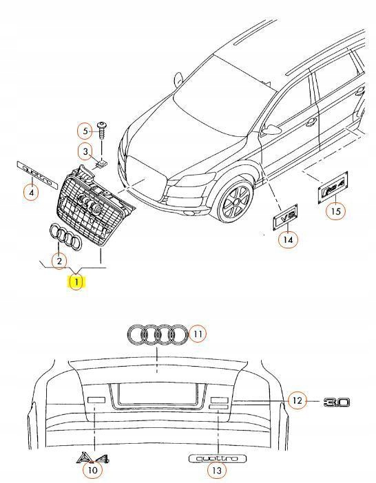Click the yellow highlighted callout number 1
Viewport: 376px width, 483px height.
[76, 281]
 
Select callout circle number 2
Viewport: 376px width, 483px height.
[59, 261]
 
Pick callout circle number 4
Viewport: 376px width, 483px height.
[30, 193]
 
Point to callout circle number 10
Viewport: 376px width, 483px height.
[91, 471]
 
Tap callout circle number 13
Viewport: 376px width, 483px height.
[217, 471]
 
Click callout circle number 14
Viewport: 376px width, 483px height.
[287, 239]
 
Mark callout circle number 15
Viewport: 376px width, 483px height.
[335, 211]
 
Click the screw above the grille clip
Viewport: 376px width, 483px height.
[102, 129]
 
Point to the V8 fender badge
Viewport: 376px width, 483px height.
[285, 218]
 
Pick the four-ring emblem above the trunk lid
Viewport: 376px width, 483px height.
[158, 334]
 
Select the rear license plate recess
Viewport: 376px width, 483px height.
[158, 395]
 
